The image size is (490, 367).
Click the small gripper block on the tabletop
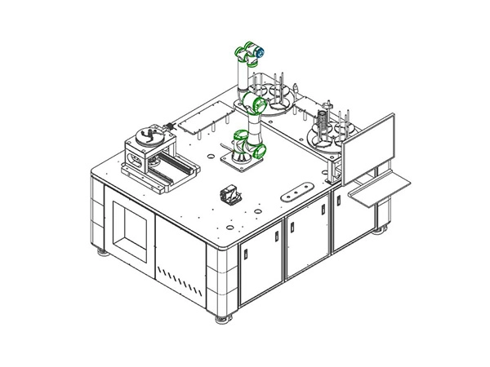230,196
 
